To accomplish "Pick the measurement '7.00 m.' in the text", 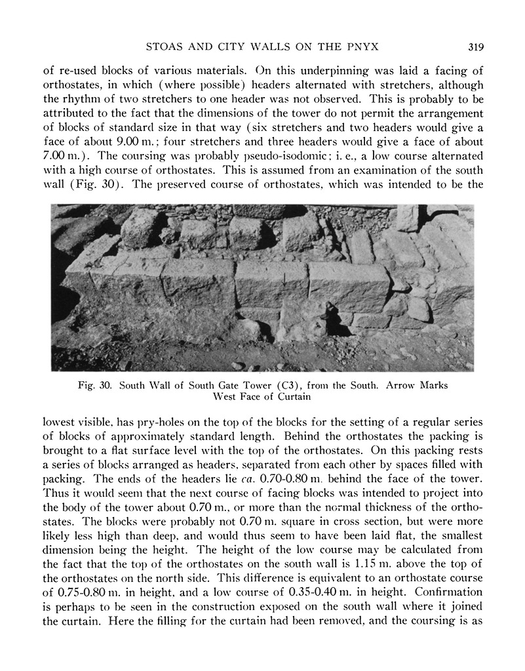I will click(x=61, y=157).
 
